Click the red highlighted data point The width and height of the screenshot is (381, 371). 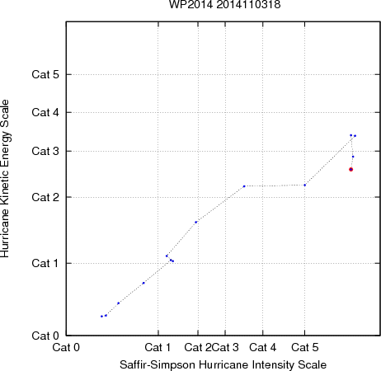[350, 170]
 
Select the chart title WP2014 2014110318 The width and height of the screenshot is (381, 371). [224, 4]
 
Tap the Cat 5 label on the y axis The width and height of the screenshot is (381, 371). [45, 74]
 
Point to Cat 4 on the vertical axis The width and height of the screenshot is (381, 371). [45, 112]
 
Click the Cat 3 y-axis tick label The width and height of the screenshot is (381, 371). [45, 151]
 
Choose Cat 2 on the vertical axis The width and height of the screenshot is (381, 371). [45, 197]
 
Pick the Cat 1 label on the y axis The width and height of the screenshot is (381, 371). [45, 263]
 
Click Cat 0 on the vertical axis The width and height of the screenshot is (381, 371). [45, 336]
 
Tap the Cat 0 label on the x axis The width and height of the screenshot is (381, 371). [66, 348]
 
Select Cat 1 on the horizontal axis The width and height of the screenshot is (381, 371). [158, 348]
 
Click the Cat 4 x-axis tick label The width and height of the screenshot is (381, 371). [263, 348]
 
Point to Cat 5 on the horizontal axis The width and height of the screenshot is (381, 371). [305, 348]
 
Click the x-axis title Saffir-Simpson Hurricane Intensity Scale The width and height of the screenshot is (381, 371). [223, 365]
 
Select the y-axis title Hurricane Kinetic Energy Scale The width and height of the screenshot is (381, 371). [5, 179]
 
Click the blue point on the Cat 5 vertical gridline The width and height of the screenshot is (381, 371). [305, 185]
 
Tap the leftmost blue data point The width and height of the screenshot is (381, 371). [101, 317]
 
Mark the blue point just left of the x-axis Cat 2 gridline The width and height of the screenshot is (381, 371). [196, 222]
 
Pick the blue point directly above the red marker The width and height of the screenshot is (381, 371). [353, 157]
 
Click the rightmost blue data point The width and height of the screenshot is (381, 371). [355, 136]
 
